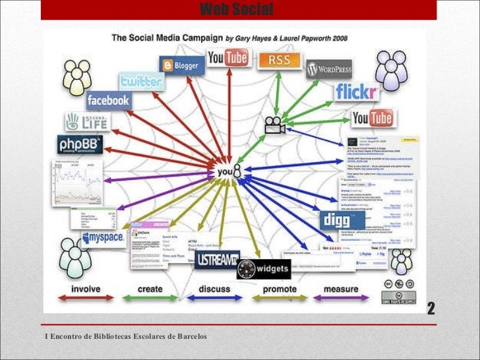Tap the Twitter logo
pos(141,81)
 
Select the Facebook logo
pos(108,100)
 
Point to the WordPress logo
pos(329,69)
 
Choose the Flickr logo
pos(357,92)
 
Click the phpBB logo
pos(79,144)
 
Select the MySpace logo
pos(104,237)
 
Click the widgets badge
pos(264,268)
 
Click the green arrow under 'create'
pos(150,298)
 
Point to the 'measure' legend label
pos(341,289)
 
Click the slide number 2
pos(431,309)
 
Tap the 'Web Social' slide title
pos(235,9)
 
